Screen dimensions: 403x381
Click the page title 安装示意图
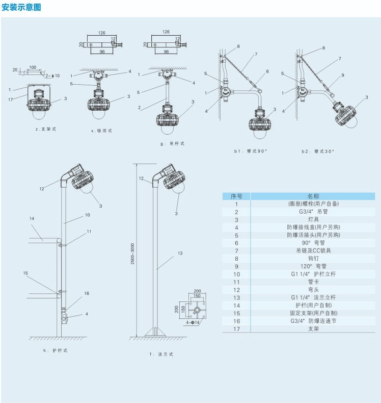tap(22, 7)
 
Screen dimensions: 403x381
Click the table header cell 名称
tap(313, 196)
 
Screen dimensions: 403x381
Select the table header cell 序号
tap(236, 196)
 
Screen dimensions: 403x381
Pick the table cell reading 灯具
tap(313, 219)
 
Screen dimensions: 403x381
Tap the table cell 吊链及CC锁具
tap(313, 250)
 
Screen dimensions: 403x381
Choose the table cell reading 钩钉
tap(313, 258)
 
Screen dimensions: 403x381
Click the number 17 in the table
tap(236, 329)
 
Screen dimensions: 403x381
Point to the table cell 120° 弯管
tap(313, 266)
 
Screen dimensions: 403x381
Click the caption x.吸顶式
tap(101, 131)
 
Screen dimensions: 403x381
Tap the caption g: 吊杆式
tap(172, 144)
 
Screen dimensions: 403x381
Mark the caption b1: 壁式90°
tap(250, 152)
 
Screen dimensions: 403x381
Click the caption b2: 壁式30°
tap(318, 152)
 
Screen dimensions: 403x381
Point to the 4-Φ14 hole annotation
tap(192, 322)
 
